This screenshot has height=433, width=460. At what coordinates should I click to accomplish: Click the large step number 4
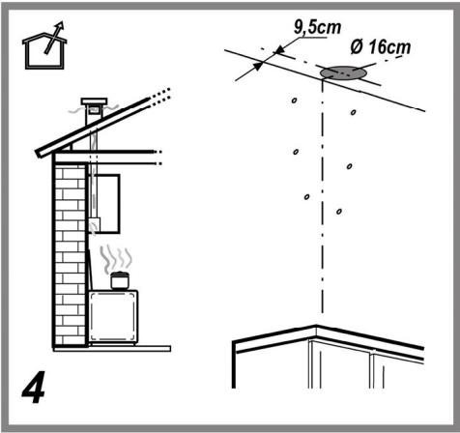[33, 388]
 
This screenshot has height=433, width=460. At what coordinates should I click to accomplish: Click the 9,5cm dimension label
[317, 27]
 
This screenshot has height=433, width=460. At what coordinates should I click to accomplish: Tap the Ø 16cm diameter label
[381, 47]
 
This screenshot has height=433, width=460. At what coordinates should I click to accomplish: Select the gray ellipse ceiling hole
[342, 72]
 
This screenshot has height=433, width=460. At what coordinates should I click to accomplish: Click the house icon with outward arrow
[44, 45]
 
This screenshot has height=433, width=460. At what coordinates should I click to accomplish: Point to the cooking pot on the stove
[120, 281]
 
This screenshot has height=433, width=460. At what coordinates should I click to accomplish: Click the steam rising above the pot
[116, 259]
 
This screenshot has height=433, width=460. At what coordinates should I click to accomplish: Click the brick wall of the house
[70, 255]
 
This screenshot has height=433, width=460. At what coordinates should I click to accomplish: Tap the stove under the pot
[113, 317]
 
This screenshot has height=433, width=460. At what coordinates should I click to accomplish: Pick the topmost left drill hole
[294, 101]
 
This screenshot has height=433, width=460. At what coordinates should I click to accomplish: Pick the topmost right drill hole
[354, 112]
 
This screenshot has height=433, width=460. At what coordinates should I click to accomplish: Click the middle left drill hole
[296, 152]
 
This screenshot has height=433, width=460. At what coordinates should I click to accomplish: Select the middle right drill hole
[350, 166]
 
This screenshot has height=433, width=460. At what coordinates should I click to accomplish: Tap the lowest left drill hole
[306, 196]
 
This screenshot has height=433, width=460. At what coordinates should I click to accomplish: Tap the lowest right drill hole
[339, 212]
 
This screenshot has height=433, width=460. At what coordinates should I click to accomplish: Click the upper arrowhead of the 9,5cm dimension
[279, 50]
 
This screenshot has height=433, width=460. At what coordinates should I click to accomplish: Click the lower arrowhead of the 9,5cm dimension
[258, 66]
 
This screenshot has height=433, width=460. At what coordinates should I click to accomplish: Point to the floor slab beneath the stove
[112, 348]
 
